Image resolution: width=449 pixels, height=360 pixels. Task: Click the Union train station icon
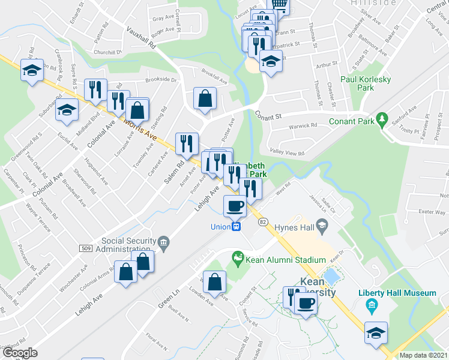(237, 227)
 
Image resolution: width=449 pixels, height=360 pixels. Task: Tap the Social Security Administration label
(125, 245)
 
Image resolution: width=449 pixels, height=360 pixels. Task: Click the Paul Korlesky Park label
(357, 83)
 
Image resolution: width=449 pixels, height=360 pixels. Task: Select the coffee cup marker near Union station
(235, 206)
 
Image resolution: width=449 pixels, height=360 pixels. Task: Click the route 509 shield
(85, 248)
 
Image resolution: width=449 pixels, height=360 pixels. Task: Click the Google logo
(20, 352)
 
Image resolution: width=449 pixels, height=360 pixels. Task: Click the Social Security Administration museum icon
(164, 242)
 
